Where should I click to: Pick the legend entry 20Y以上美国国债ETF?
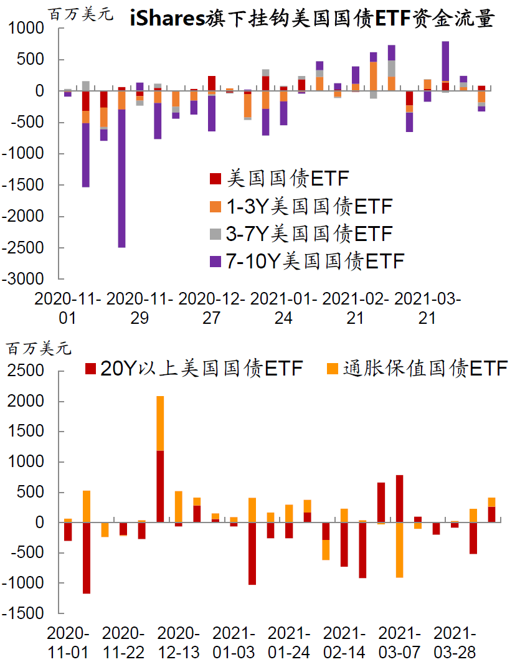[x=194, y=368]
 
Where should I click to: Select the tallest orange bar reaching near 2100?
[x=160, y=423]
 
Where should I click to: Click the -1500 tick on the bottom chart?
[x=26, y=614]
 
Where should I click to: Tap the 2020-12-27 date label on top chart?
[x=212, y=308]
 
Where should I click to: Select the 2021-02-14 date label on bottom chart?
[x=344, y=643]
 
